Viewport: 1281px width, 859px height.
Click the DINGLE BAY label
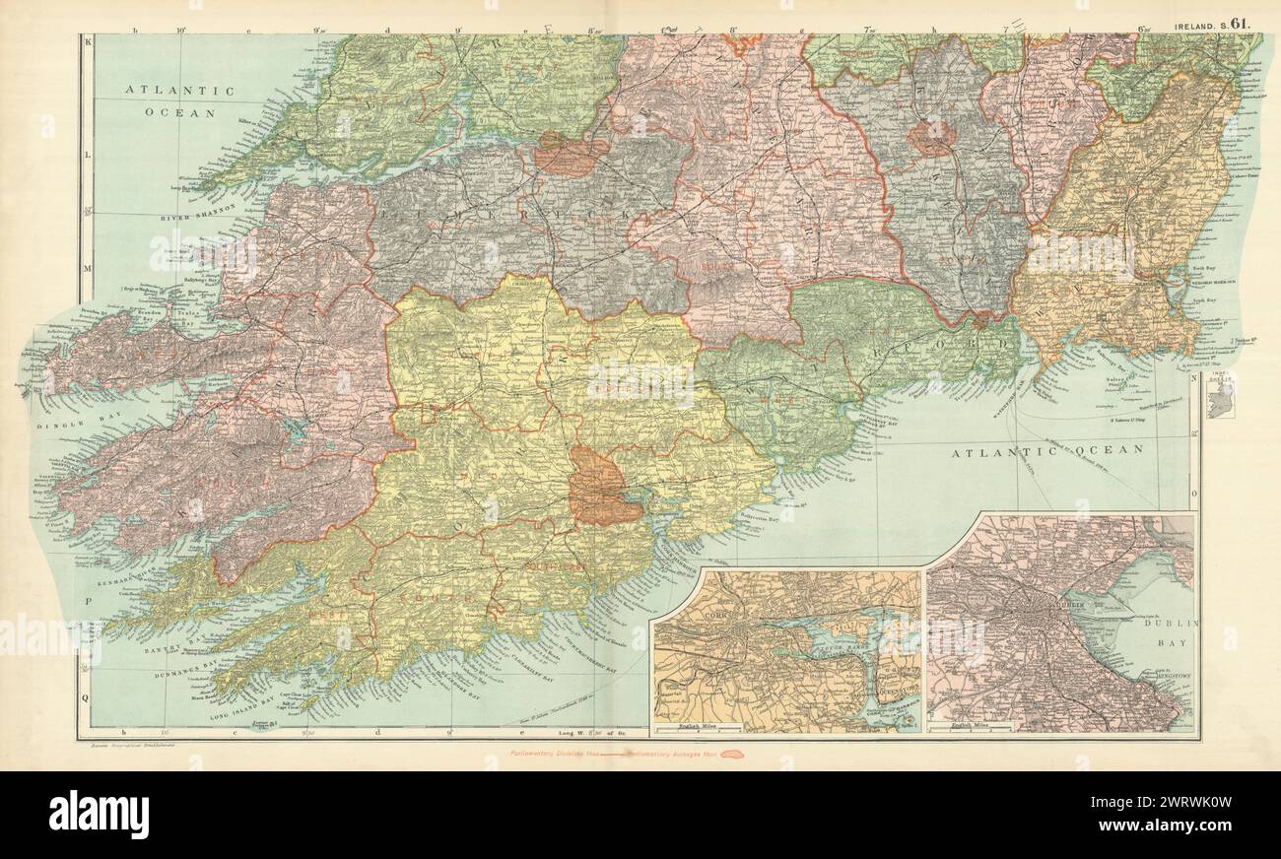click(x=63, y=426)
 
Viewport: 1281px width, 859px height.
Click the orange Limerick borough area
click(x=571, y=156)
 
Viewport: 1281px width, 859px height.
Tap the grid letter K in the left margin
click(x=87, y=43)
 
